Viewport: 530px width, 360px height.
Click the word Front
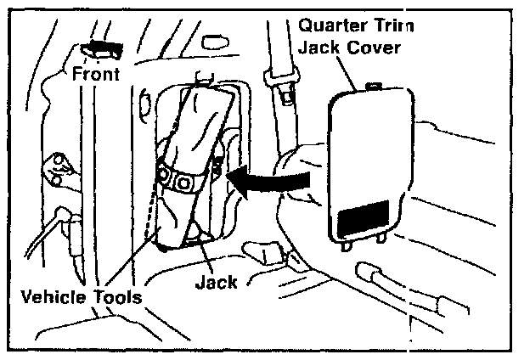pyautogui.click(x=96, y=73)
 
